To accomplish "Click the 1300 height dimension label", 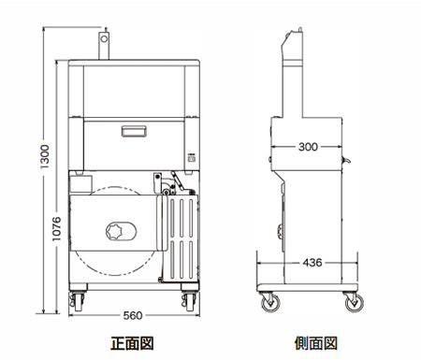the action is (45, 156).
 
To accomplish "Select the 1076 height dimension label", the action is (56, 229).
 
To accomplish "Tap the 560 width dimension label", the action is (133, 316).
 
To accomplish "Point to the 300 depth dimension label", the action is (308, 147).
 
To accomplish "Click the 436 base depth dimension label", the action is (312, 263).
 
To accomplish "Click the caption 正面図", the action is (132, 343).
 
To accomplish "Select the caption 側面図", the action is (316, 343).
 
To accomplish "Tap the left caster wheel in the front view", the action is (77, 301).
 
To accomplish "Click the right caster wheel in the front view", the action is (189, 301).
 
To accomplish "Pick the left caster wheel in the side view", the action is (270, 303).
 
